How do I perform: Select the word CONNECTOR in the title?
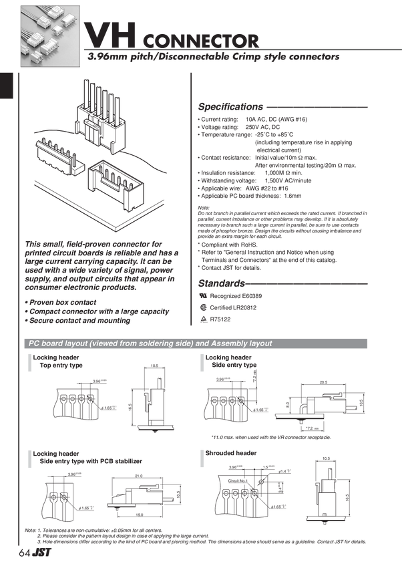pyautogui.click(x=200, y=39)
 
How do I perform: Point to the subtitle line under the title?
pyautogui.click(x=214, y=57)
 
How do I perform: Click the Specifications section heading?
pyautogui.click(x=231, y=106)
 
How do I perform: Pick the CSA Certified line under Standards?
pyautogui.click(x=228, y=307)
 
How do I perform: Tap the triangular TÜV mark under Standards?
pyautogui.click(x=203, y=319)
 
